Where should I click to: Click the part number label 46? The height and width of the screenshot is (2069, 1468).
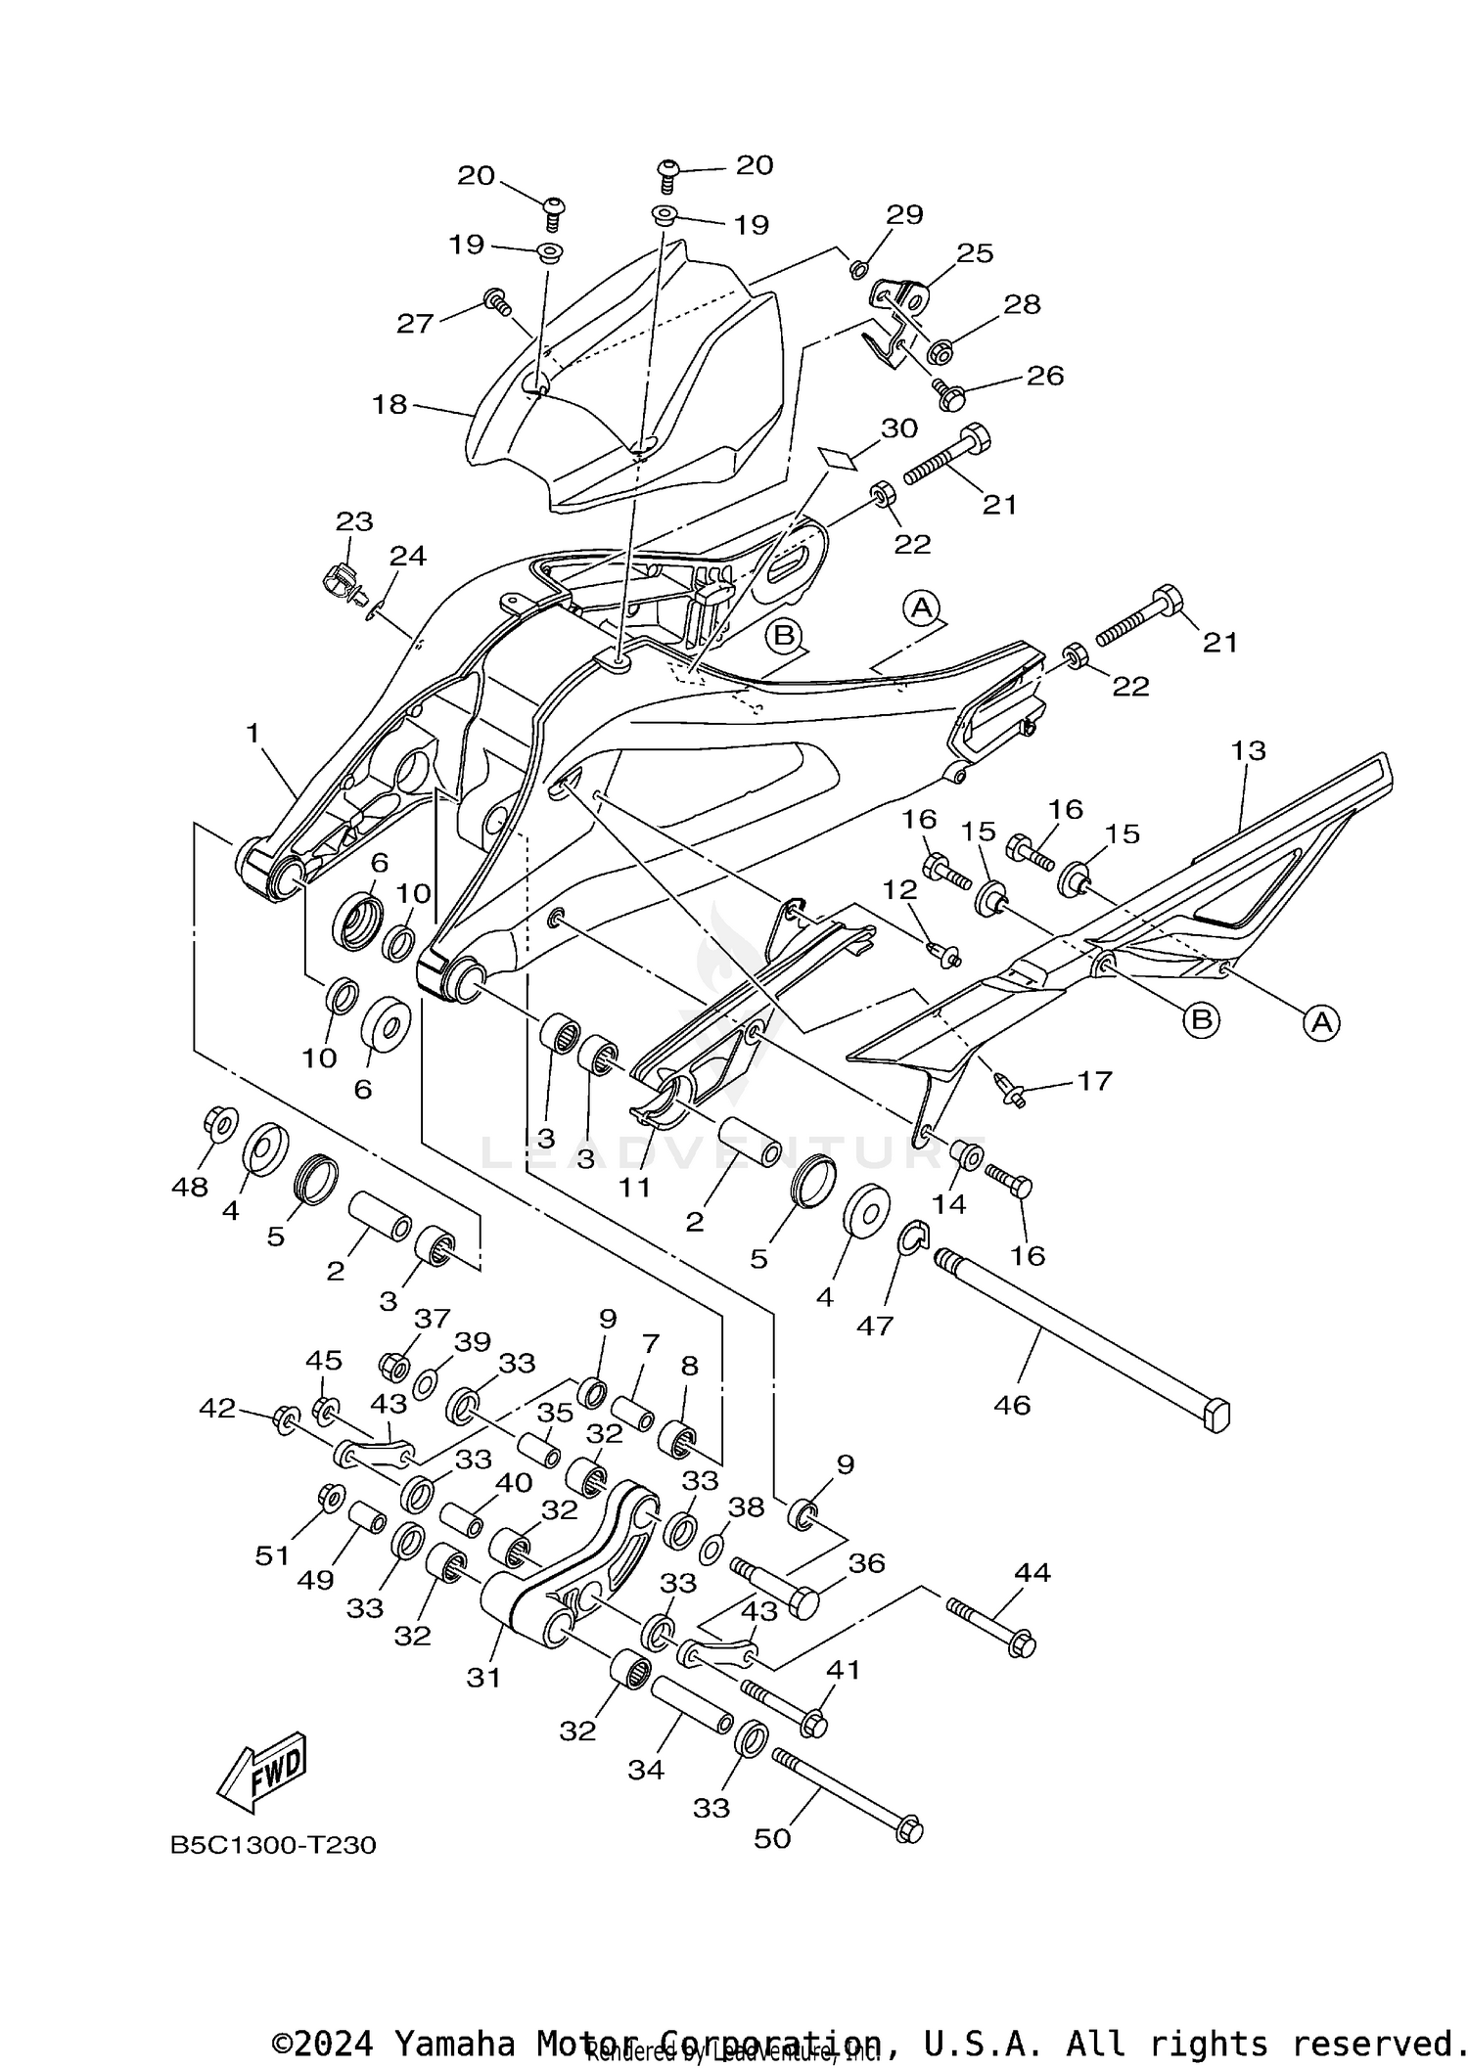1011,1405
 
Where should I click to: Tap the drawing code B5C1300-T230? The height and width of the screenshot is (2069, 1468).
273,1845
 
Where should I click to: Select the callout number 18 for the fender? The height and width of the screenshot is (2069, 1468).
390,404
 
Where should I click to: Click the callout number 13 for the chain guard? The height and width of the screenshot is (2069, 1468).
1248,750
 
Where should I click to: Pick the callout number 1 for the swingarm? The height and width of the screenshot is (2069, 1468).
252,733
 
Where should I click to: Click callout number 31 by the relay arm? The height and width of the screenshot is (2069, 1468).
483,1678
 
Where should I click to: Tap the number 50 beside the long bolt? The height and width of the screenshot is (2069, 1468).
772,1838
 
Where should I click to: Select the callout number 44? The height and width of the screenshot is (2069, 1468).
1032,1573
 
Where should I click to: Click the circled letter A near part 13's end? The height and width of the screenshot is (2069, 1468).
1321,1023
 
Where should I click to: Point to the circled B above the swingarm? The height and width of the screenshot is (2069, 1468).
784,636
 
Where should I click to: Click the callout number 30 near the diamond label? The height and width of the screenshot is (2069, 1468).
898,428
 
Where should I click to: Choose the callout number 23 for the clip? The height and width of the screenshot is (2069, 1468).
354,521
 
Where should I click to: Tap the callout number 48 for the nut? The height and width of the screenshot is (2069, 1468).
190,1187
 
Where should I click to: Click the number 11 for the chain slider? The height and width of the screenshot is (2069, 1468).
634,1188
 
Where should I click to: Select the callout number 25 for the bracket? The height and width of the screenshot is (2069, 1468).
975,253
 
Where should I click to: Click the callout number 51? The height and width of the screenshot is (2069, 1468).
273,1555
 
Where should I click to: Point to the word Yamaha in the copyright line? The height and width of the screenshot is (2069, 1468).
454,2043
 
